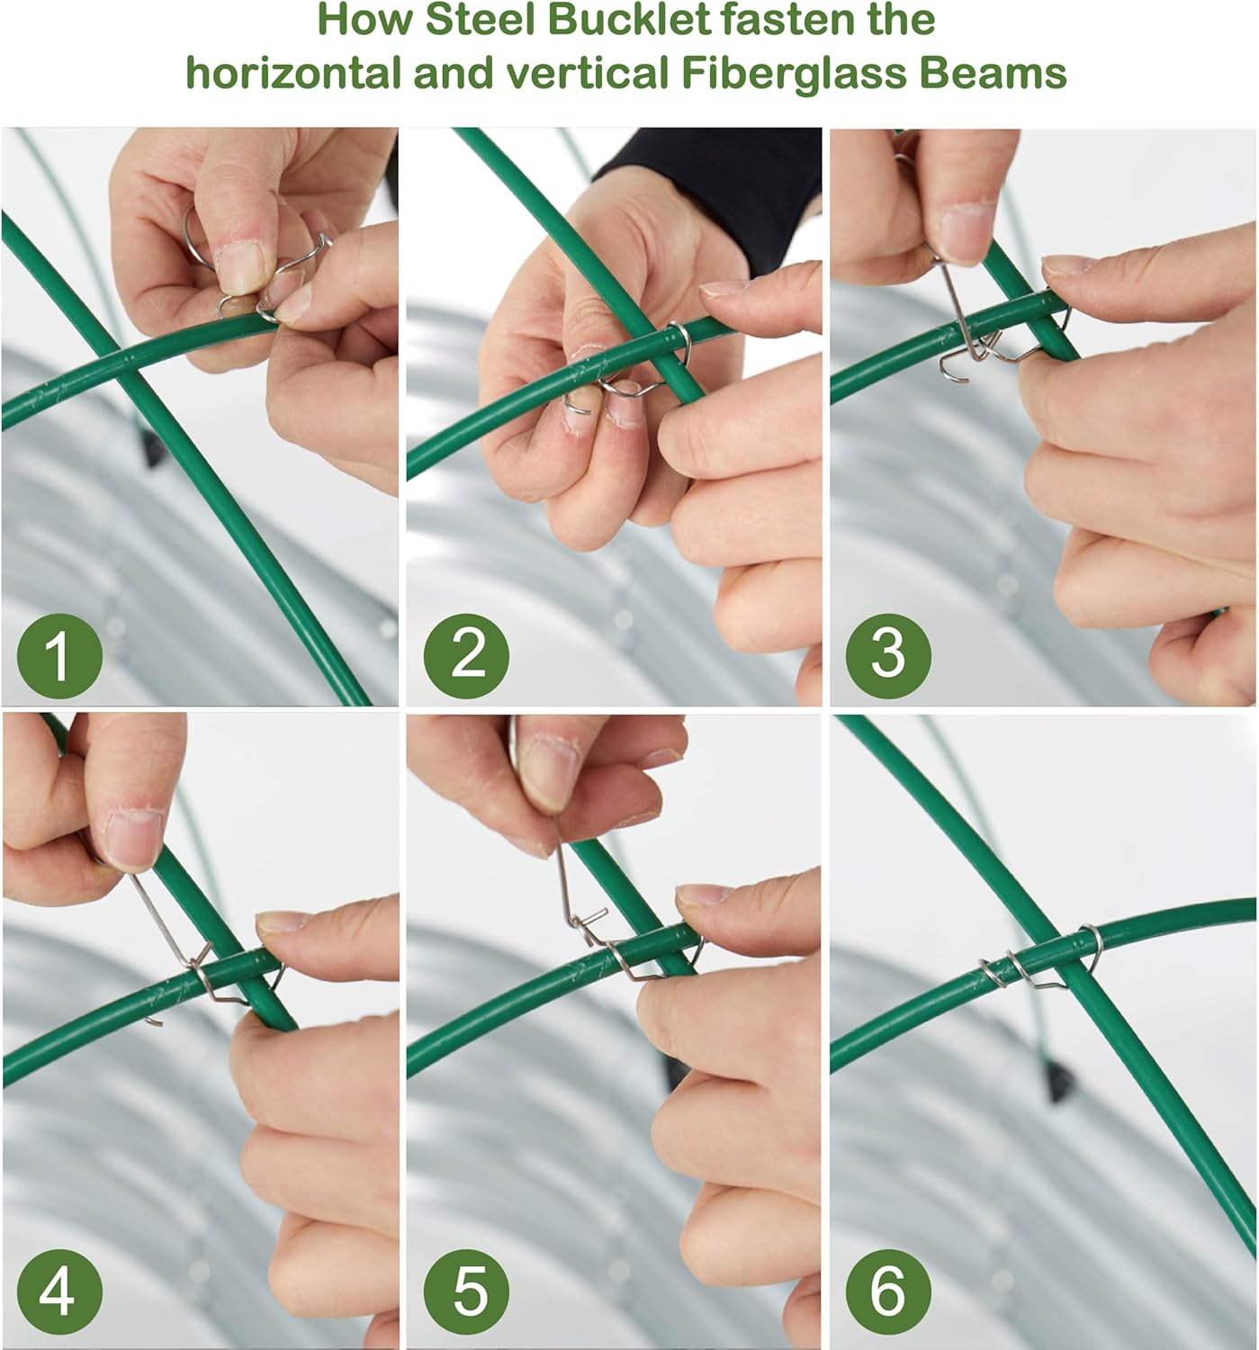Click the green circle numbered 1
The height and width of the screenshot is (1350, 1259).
pyautogui.click(x=59, y=655)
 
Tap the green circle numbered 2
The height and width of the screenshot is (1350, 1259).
pyautogui.click(x=466, y=655)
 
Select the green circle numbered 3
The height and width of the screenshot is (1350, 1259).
pyautogui.click(x=888, y=655)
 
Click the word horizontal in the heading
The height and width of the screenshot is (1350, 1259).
pyautogui.click(x=293, y=73)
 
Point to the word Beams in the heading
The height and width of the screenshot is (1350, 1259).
pyautogui.click(x=993, y=73)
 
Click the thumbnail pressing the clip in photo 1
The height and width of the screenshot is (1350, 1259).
pyautogui.click(x=240, y=268)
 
